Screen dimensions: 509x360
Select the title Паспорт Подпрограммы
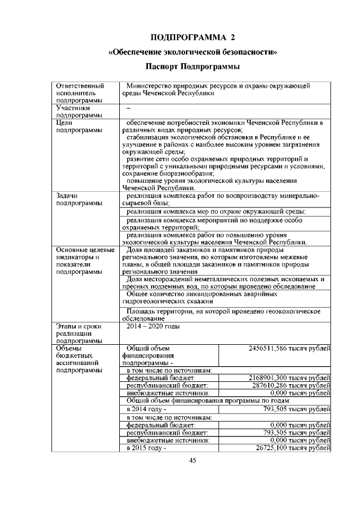(193, 67)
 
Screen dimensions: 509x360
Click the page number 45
(192, 461)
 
